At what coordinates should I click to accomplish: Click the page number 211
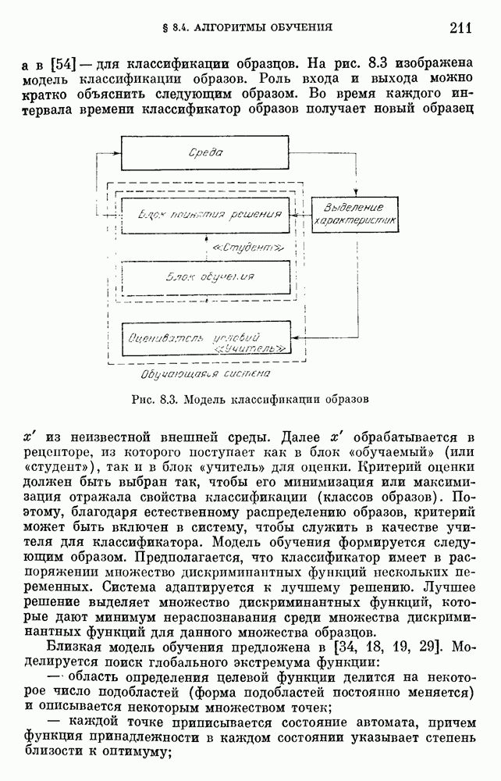(x=460, y=29)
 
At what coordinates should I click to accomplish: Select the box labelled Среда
(x=207, y=153)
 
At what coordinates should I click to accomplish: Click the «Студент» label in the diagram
(x=246, y=247)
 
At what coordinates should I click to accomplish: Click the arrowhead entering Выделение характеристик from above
(x=357, y=195)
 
